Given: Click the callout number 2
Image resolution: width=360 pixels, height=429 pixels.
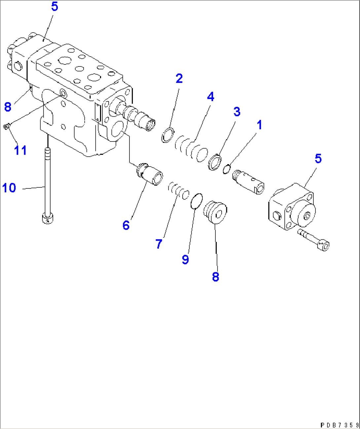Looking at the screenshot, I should pos(179,79).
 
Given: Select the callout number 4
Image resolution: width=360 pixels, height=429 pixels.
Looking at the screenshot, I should pos(210,97).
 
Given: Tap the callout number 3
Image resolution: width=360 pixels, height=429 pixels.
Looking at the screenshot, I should pos(237,112).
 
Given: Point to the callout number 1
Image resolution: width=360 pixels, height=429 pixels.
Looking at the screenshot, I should pos(259,125).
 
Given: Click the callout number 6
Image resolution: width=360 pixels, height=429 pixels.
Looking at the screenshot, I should pos(126,225).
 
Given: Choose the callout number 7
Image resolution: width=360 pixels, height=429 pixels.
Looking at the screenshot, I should pos(159,244).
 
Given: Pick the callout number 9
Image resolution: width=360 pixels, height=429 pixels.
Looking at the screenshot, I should pos(185,259).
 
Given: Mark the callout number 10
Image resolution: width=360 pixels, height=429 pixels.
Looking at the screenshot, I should pos(9,188).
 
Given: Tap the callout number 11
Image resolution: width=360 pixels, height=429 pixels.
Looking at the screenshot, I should pos(20,150).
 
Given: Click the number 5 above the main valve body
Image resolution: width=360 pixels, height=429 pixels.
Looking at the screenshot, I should pos(54,7).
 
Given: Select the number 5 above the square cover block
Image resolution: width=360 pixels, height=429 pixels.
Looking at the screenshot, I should pos(318,159).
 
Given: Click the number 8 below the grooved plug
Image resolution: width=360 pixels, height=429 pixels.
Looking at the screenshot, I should pos(215,277).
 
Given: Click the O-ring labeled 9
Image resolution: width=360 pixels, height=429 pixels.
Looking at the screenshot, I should pos(197,201).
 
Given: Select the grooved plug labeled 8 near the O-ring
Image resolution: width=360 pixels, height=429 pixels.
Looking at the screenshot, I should pos(215,213).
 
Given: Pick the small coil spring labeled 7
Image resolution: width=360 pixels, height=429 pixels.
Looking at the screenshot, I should pos(178,190).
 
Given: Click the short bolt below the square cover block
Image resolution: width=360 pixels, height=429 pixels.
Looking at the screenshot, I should pos(314,240).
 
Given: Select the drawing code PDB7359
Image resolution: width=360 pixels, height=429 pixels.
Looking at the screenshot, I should pos(339,425).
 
